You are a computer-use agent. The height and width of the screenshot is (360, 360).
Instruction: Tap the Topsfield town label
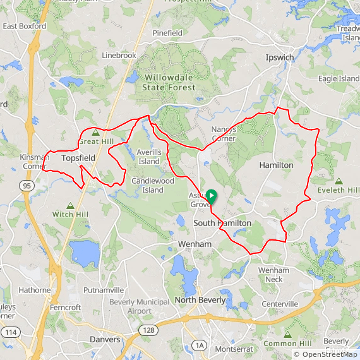(78, 158)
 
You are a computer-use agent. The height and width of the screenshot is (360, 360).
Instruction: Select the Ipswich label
(279, 57)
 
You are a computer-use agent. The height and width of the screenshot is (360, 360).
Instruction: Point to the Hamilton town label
(276, 165)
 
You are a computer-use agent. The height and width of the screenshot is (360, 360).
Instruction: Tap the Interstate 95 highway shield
(27, 186)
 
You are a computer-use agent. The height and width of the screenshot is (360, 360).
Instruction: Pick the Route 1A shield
(200, 345)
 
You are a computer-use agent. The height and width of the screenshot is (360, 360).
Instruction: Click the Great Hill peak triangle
(95, 133)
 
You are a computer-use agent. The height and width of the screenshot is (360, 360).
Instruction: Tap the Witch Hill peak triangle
(71, 206)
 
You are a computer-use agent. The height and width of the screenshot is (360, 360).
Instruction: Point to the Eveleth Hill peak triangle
(339, 181)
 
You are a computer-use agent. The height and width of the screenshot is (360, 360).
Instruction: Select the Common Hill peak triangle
(287, 334)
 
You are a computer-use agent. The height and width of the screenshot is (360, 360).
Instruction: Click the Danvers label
(104, 339)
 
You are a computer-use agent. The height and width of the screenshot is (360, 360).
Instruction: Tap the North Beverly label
(200, 299)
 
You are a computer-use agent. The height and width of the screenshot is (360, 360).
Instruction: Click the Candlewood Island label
(152, 185)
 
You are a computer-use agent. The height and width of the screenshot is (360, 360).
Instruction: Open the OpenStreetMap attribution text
(325, 354)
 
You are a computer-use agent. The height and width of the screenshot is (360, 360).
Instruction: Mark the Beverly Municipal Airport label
(139, 306)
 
